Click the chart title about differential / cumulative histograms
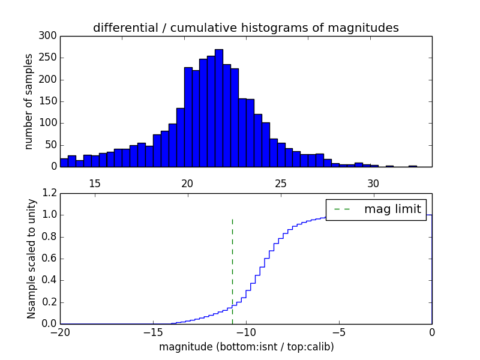click(245, 28)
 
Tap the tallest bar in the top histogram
click(219, 108)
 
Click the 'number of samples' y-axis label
click(29, 101)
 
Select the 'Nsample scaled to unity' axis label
click(31, 259)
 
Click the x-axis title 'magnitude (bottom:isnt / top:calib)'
click(246, 347)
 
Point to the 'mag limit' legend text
click(392, 209)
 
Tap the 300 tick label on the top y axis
click(49, 36)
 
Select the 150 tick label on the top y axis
click(49, 101)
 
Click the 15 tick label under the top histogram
click(95, 184)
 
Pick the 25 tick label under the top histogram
click(280, 184)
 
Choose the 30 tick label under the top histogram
click(373, 184)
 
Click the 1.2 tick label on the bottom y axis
click(49, 193)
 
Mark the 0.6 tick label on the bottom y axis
click(49, 259)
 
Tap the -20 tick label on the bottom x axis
click(60, 332)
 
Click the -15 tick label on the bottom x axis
click(152, 332)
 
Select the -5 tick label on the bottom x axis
click(338, 332)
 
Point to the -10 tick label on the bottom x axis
click(245, 332)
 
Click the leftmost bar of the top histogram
click(64, 163)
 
